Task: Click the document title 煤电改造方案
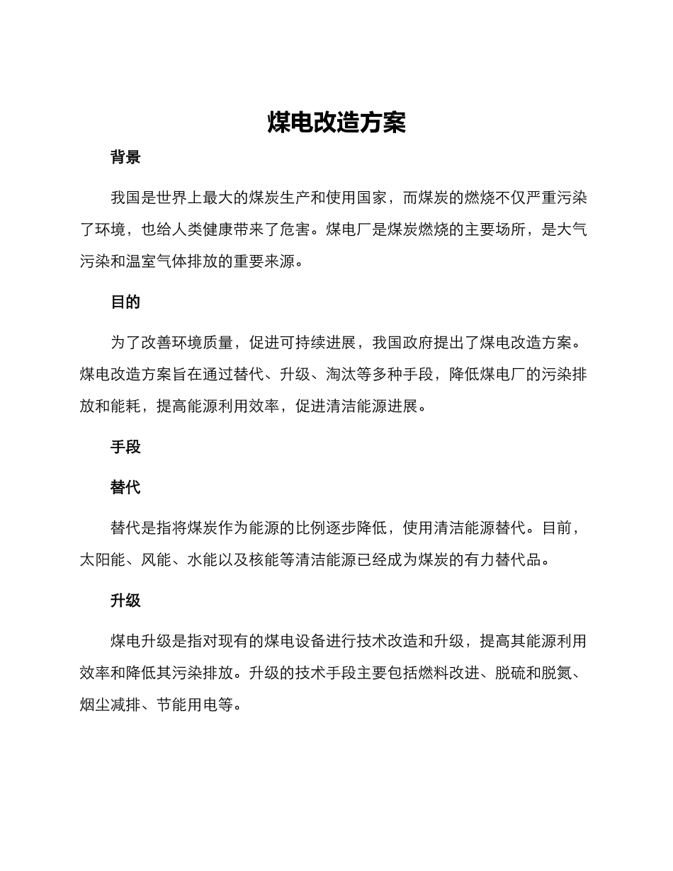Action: coord(336,123)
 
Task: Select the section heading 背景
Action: coord(125,158)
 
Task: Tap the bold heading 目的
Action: coord(125,302)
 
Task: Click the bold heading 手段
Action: coord(125,448)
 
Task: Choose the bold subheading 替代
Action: coord(125,488)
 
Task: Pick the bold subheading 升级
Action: coord(125,601)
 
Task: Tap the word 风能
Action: coord(156,560)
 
